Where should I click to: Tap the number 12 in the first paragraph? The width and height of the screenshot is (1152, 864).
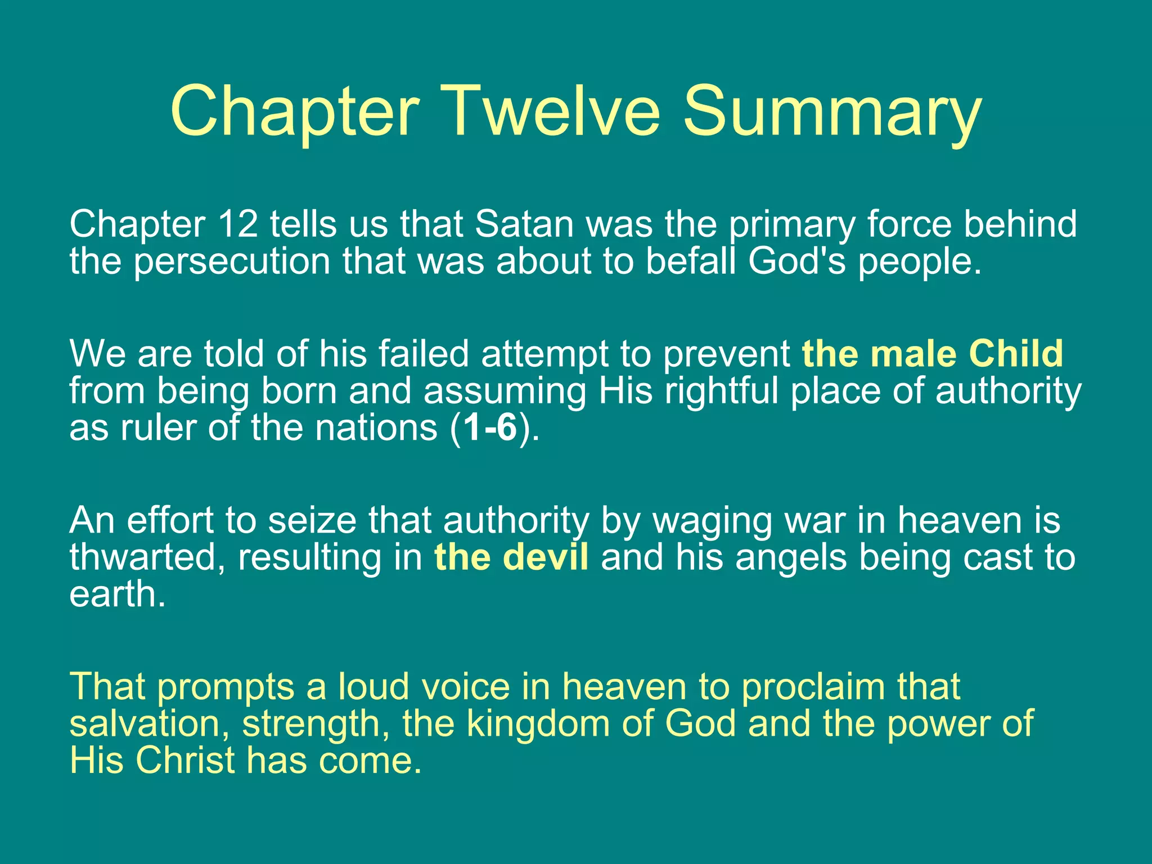coord(237,224)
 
